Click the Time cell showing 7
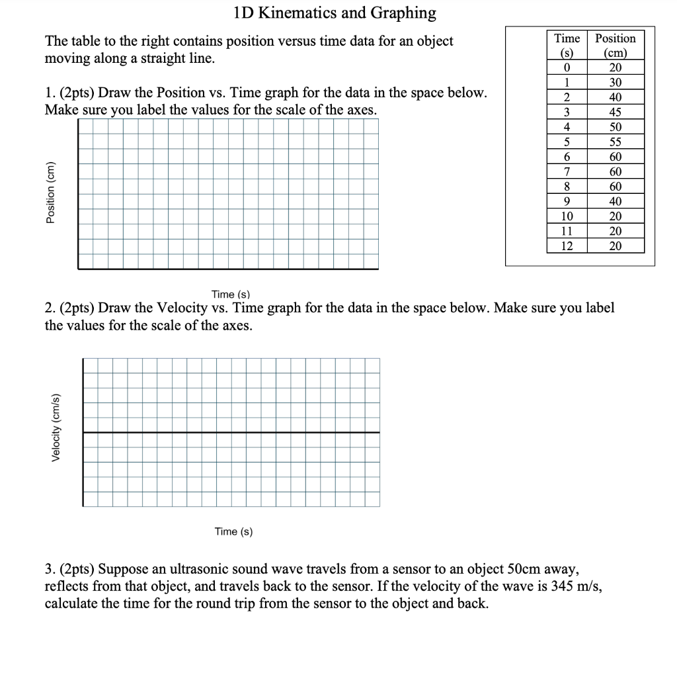(x=567, y=171)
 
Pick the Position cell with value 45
(x=615, y=112)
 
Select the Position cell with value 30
(x=615, y=83)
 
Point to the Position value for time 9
(x=615, y=201)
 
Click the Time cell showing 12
(x=567, y=246)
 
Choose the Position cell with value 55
(x=615, y=142)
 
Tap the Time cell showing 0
(x=567, y=67)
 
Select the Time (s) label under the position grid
(x=231, y=294)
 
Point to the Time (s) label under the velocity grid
(x=233, y=531)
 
